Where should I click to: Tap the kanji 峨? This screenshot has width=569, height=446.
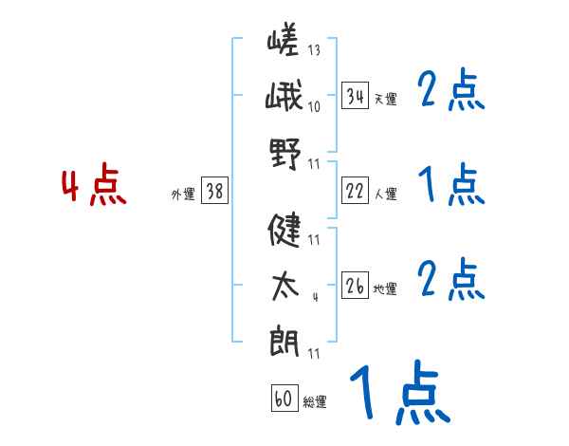284,99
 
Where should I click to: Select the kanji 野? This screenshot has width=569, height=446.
284,152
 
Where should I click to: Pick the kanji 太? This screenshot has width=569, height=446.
284,286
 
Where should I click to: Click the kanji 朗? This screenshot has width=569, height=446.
284,340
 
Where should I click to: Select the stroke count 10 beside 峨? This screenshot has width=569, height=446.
314,106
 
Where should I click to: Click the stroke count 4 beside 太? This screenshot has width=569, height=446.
314,297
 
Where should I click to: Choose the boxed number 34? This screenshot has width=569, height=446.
355,95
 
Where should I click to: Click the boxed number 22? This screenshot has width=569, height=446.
355,191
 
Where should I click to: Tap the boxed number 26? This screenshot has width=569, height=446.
355,286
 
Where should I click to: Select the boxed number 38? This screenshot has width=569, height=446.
214,191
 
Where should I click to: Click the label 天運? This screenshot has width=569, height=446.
385,99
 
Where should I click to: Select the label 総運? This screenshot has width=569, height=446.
315,402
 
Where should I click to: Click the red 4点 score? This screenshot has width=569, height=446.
94,186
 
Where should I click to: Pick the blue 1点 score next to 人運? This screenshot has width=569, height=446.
450,185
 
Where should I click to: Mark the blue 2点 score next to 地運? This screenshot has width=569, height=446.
450,281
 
